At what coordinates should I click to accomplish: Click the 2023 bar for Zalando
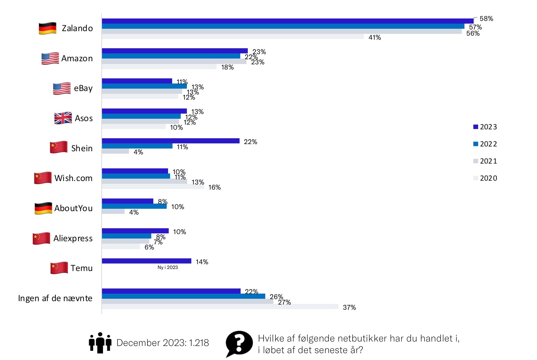287,21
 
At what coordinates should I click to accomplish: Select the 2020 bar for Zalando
233,37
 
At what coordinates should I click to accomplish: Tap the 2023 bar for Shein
170,141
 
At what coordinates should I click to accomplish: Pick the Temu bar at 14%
146,261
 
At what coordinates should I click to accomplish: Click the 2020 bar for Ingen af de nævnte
220,307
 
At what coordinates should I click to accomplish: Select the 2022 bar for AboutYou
134,206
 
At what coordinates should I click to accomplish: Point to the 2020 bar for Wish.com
153,187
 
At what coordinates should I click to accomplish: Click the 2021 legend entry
485,161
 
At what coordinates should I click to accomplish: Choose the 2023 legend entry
485,127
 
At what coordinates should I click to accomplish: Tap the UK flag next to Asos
63,118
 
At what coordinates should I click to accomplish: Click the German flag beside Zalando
48,28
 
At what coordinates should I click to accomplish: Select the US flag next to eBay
62,88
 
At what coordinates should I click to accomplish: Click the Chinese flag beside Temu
59,268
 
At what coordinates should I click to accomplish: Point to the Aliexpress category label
73,238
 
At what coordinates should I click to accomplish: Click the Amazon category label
77,59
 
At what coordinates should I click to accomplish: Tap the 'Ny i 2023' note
168,267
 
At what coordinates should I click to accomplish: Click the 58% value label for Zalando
486,18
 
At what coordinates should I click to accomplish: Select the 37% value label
349,307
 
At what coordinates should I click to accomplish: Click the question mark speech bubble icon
239,343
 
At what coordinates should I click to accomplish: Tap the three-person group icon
100,342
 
